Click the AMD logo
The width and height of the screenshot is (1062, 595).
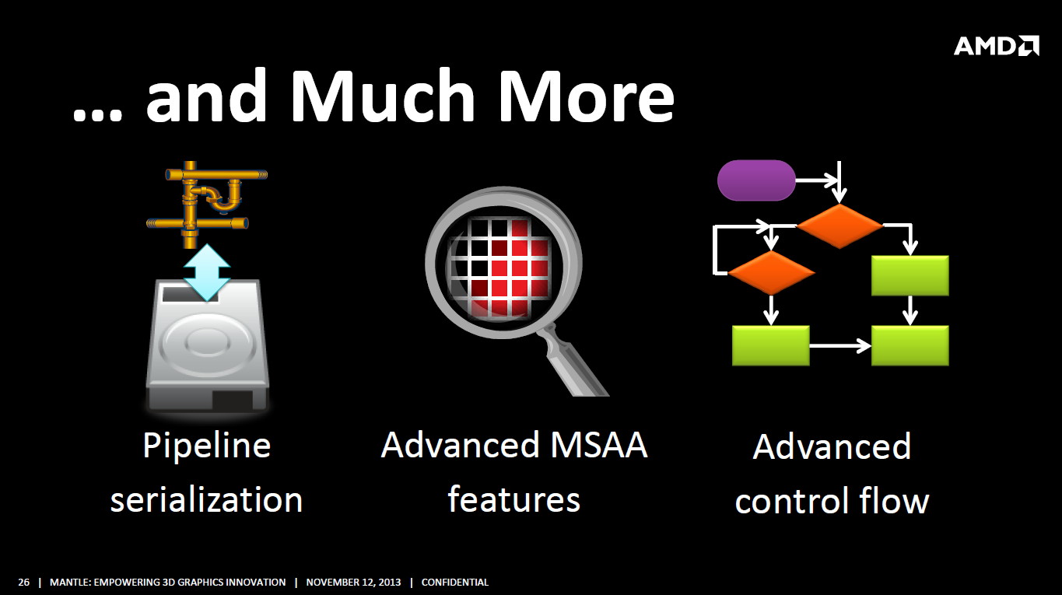click(x=996, y=46)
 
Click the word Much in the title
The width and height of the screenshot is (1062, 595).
click(x=382, y=95)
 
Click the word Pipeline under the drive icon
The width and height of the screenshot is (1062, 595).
click(x=207, y=446)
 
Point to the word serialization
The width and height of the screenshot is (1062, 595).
click(x=206, y=499)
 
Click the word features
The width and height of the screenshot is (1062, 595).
click(x=514, y=499)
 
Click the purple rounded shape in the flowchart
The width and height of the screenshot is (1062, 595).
click(x=756, y=180)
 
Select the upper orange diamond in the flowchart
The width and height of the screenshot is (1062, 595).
click(x=839, y=226)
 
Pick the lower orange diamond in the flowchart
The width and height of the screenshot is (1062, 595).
click(x=771, y=272)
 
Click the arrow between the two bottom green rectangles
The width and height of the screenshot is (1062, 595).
click(x=840, y=346)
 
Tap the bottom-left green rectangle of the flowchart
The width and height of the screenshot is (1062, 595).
click(x=771, y=345)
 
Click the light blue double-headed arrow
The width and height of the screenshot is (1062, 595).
click(x=207, y=272)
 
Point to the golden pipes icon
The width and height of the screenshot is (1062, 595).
click(x=207, y=205)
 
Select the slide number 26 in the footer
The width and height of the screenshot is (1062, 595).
click(x=23, y=583)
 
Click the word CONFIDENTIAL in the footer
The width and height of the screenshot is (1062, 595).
click(x=454, y=583)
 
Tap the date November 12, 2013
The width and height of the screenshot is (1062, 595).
click(x=353, y=583)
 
